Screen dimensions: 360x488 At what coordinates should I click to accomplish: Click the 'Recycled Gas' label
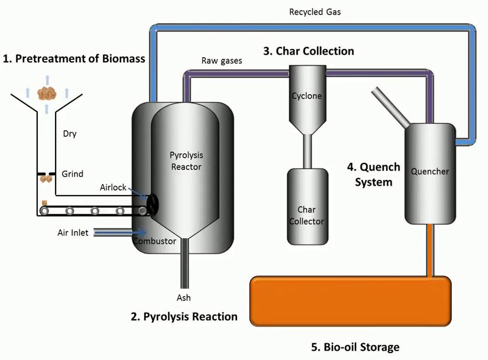click(315, 12)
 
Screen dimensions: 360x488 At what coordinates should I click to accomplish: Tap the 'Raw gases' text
click(221, 61)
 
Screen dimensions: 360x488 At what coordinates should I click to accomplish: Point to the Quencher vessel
click(430, 173)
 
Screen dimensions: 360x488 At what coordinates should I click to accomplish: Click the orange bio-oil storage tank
click(351, 301)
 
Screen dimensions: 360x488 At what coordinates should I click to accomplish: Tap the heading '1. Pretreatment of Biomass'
click(74, 58)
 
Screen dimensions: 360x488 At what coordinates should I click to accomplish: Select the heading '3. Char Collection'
click(309, 51)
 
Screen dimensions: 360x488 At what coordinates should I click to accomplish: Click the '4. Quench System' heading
click(373, 175)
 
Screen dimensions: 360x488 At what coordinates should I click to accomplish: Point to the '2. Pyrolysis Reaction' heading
click(184, 316)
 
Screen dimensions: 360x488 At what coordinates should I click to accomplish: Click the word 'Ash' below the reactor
click(184, 298)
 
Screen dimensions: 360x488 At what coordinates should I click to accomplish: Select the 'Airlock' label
click(113, 187)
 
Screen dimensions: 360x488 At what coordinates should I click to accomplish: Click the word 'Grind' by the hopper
click(72, 174)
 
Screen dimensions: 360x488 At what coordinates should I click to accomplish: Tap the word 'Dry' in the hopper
click(70, 134)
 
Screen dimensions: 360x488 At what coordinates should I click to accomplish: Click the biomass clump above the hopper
click(47, 94)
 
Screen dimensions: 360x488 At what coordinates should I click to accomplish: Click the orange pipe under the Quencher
click(430, 250)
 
